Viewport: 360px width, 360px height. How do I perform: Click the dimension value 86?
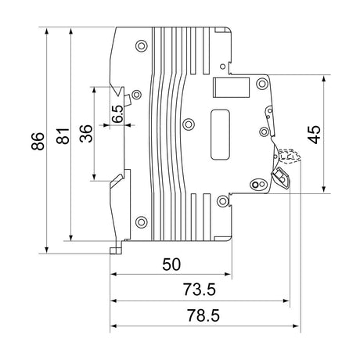tap(38, 141)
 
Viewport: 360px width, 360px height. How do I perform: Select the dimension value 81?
tap(63, 136)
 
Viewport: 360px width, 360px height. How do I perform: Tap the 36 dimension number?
tap(86, 134)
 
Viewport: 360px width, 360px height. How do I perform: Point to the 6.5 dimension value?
tap(117, 114)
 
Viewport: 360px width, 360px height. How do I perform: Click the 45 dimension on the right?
tap(314, 135)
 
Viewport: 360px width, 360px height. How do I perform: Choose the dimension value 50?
tap(171, 264)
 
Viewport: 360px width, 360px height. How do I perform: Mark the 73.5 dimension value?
tap(200, 290)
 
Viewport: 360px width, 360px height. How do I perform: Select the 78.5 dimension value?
tap(203, 315)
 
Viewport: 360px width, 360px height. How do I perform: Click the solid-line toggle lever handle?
tap(281, 178)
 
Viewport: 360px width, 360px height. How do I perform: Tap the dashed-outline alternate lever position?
tap(290, 156)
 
